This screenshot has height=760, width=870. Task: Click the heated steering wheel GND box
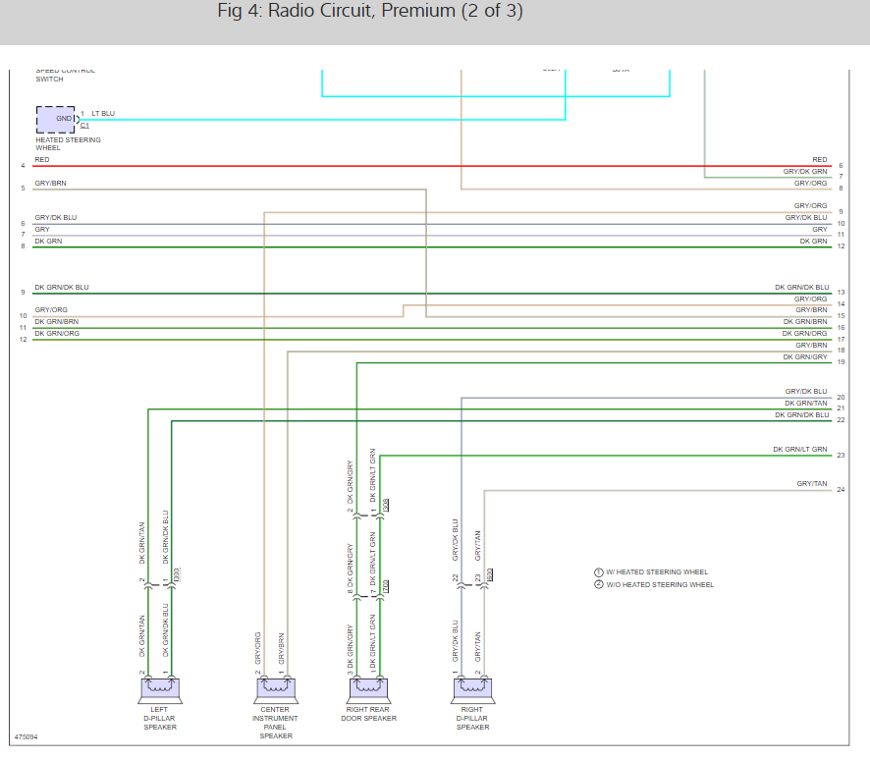pyautogui.click(x=55, y=120)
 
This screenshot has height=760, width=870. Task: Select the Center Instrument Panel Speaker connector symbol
pyautogui.click(x=275, y=688)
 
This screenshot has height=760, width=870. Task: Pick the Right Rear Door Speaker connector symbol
pyautogui.click(x=367, y=688)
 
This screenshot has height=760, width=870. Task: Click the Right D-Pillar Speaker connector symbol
pyautogui.click(x=472, y=688)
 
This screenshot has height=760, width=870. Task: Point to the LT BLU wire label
pyautogui.click(x=103, y=114)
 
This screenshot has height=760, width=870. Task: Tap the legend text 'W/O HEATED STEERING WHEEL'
pyautogui.click(x=660, y=585)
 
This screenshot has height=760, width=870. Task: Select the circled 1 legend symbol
pyautogui.click(x=598, y=572)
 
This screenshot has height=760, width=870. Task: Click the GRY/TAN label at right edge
pyautogui.click(x=812, y=484)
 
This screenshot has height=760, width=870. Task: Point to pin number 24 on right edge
pyautogui.click(x=841, y=490)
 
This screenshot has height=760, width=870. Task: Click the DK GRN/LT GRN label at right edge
pyautogui.click(x=800, y=450)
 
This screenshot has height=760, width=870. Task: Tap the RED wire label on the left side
pyautogui.click(x=42, y=159)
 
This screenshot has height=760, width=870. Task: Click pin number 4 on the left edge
pyautogui.click(x=23, y=166)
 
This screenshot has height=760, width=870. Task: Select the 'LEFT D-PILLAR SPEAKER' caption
pyautogui.click(x=160, y=718)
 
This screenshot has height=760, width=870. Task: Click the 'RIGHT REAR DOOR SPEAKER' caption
pyautogui.click(x=367, y=713)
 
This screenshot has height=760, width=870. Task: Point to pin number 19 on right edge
pyautogui.click(x=841, y=363)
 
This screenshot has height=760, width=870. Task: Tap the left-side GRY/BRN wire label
pyautogui.click(x=51, y=184)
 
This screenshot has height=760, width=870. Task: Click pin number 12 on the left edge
pyautogui.click(x=23, y=340)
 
